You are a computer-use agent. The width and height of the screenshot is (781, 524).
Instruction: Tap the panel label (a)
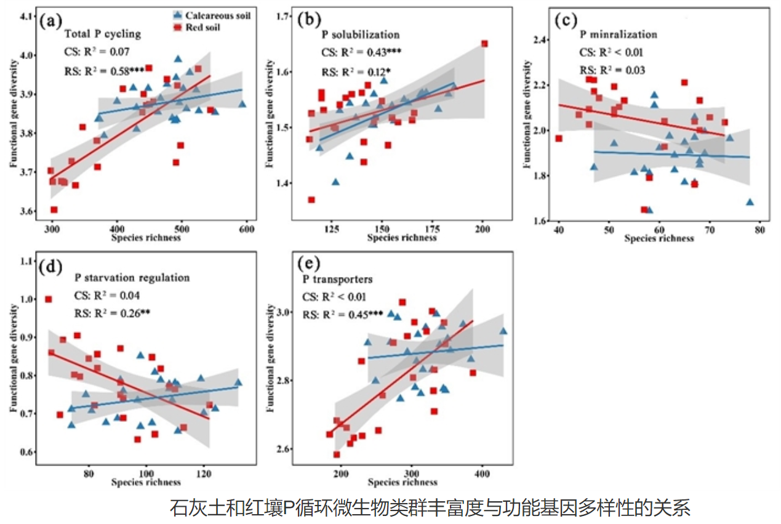pos(50,22)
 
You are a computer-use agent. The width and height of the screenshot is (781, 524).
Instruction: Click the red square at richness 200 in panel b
pos(484,44)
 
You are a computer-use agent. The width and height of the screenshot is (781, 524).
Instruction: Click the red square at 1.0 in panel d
pos(49,299)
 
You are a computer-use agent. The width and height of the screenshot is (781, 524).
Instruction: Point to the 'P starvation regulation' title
pos(132,278)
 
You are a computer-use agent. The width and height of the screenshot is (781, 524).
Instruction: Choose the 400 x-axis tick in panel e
pos(481,475)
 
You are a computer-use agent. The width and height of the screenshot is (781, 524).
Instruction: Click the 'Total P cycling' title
pos(102,34)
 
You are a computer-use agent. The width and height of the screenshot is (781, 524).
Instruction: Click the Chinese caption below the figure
pos(431,509)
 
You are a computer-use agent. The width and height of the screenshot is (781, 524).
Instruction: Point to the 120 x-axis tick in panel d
pos(204,474)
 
